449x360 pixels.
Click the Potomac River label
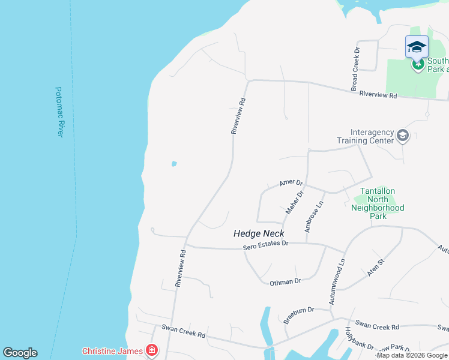point(59,112)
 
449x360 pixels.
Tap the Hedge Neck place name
point(259,233)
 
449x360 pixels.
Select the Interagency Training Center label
point(372,136)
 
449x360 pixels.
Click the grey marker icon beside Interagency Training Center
point(402,137)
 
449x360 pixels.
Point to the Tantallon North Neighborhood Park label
point(378,203)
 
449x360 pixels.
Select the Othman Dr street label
point(285,281)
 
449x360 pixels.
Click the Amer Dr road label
point(291,182)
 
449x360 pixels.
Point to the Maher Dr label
point(295,202)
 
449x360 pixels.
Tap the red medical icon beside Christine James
point(152,350)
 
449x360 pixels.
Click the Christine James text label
point(112,351)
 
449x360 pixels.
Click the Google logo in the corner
point(20,353)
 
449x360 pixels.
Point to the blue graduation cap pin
point(417,47)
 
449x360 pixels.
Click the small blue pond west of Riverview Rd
point(174,163)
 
